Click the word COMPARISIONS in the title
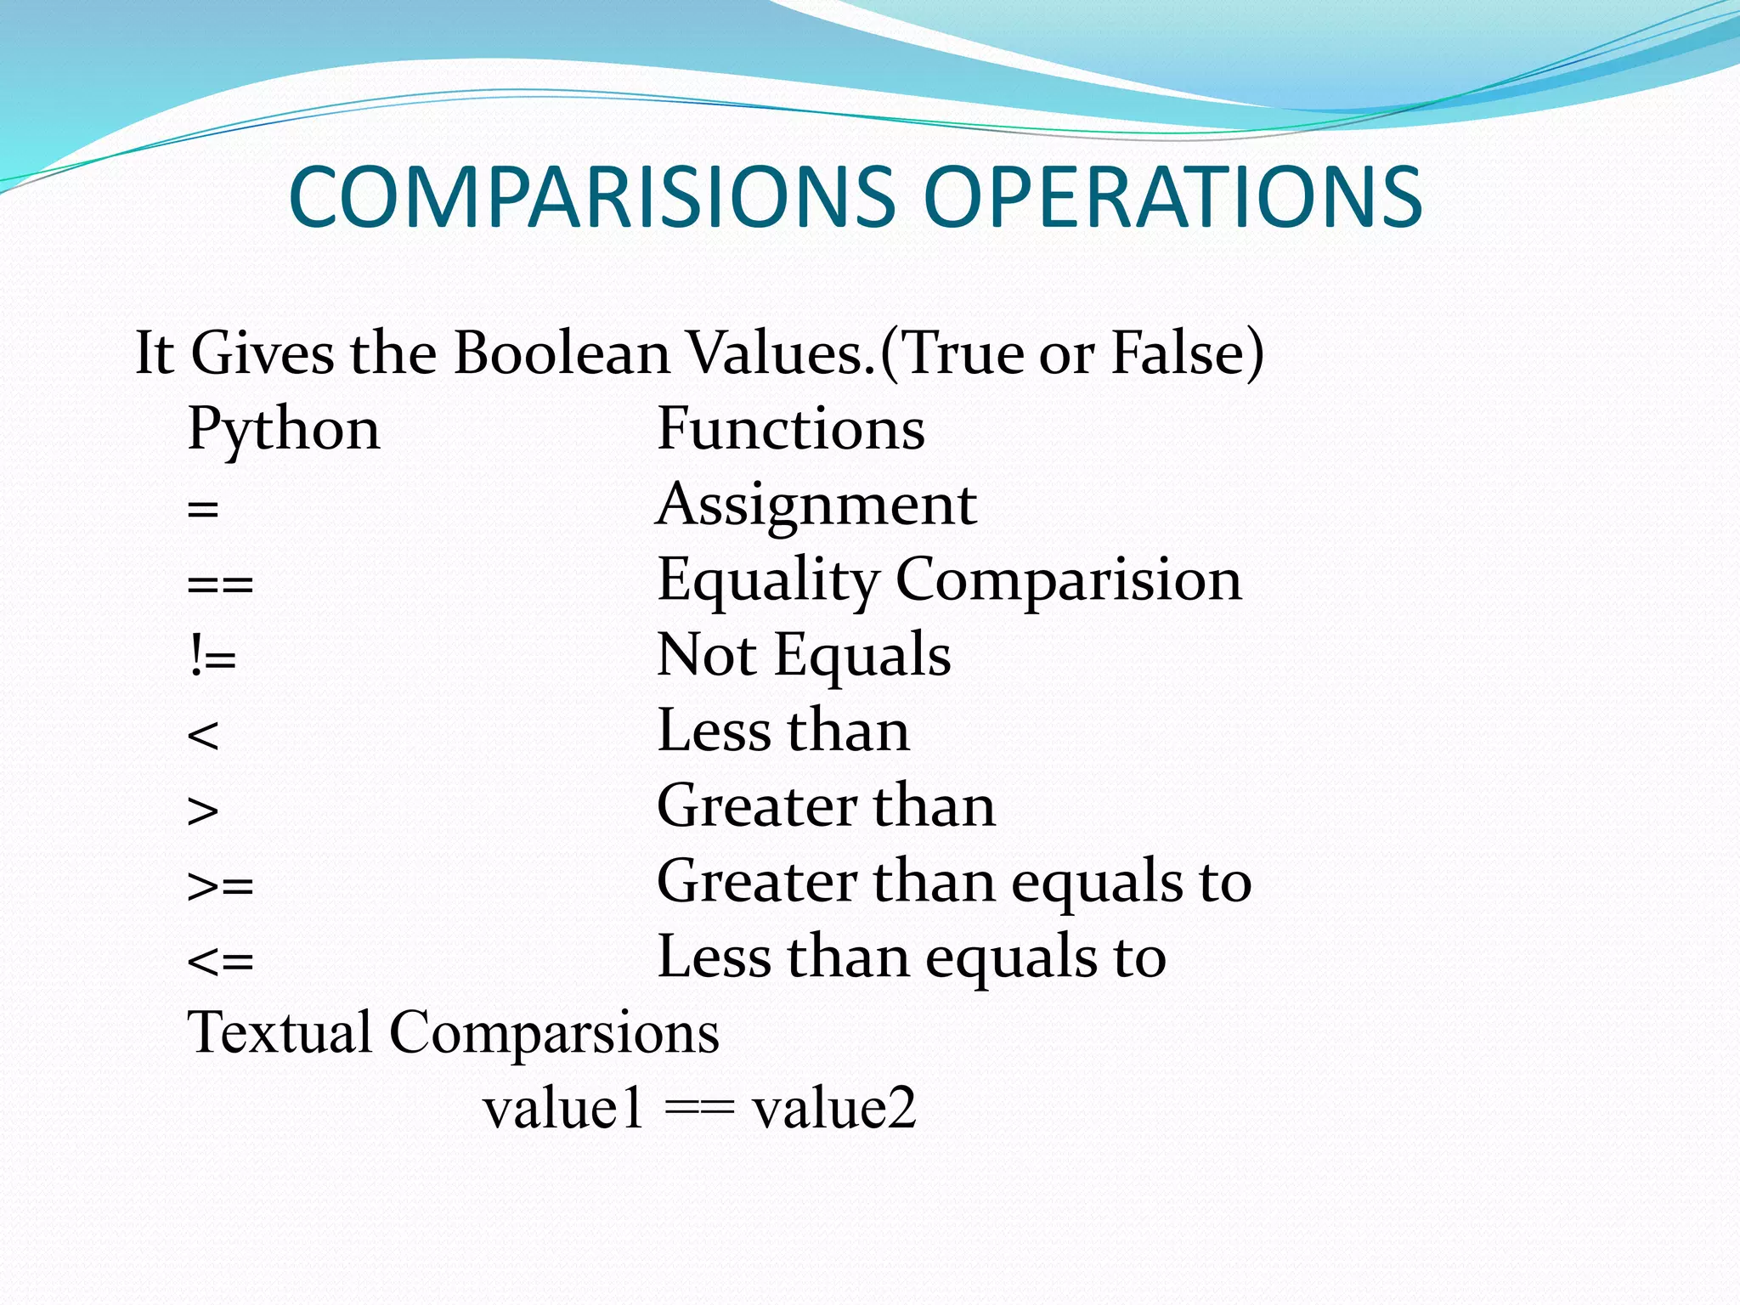tap(592, 197)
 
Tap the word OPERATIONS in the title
tap(1172, 197)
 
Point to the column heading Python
tap(284, 429)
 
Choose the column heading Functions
tap(791, 429)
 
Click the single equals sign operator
tap(203, 511)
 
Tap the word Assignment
tap(816, 505)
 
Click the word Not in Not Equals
tap(706, 655)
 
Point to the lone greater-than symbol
tap(203, 811)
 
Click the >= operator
tap(220, 886)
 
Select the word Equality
tap(768, 581)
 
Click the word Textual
tap(280, 1033)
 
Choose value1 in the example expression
tap(563, 1109)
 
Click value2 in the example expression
tap(834, 1109)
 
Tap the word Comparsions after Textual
tap(554, 1033)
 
